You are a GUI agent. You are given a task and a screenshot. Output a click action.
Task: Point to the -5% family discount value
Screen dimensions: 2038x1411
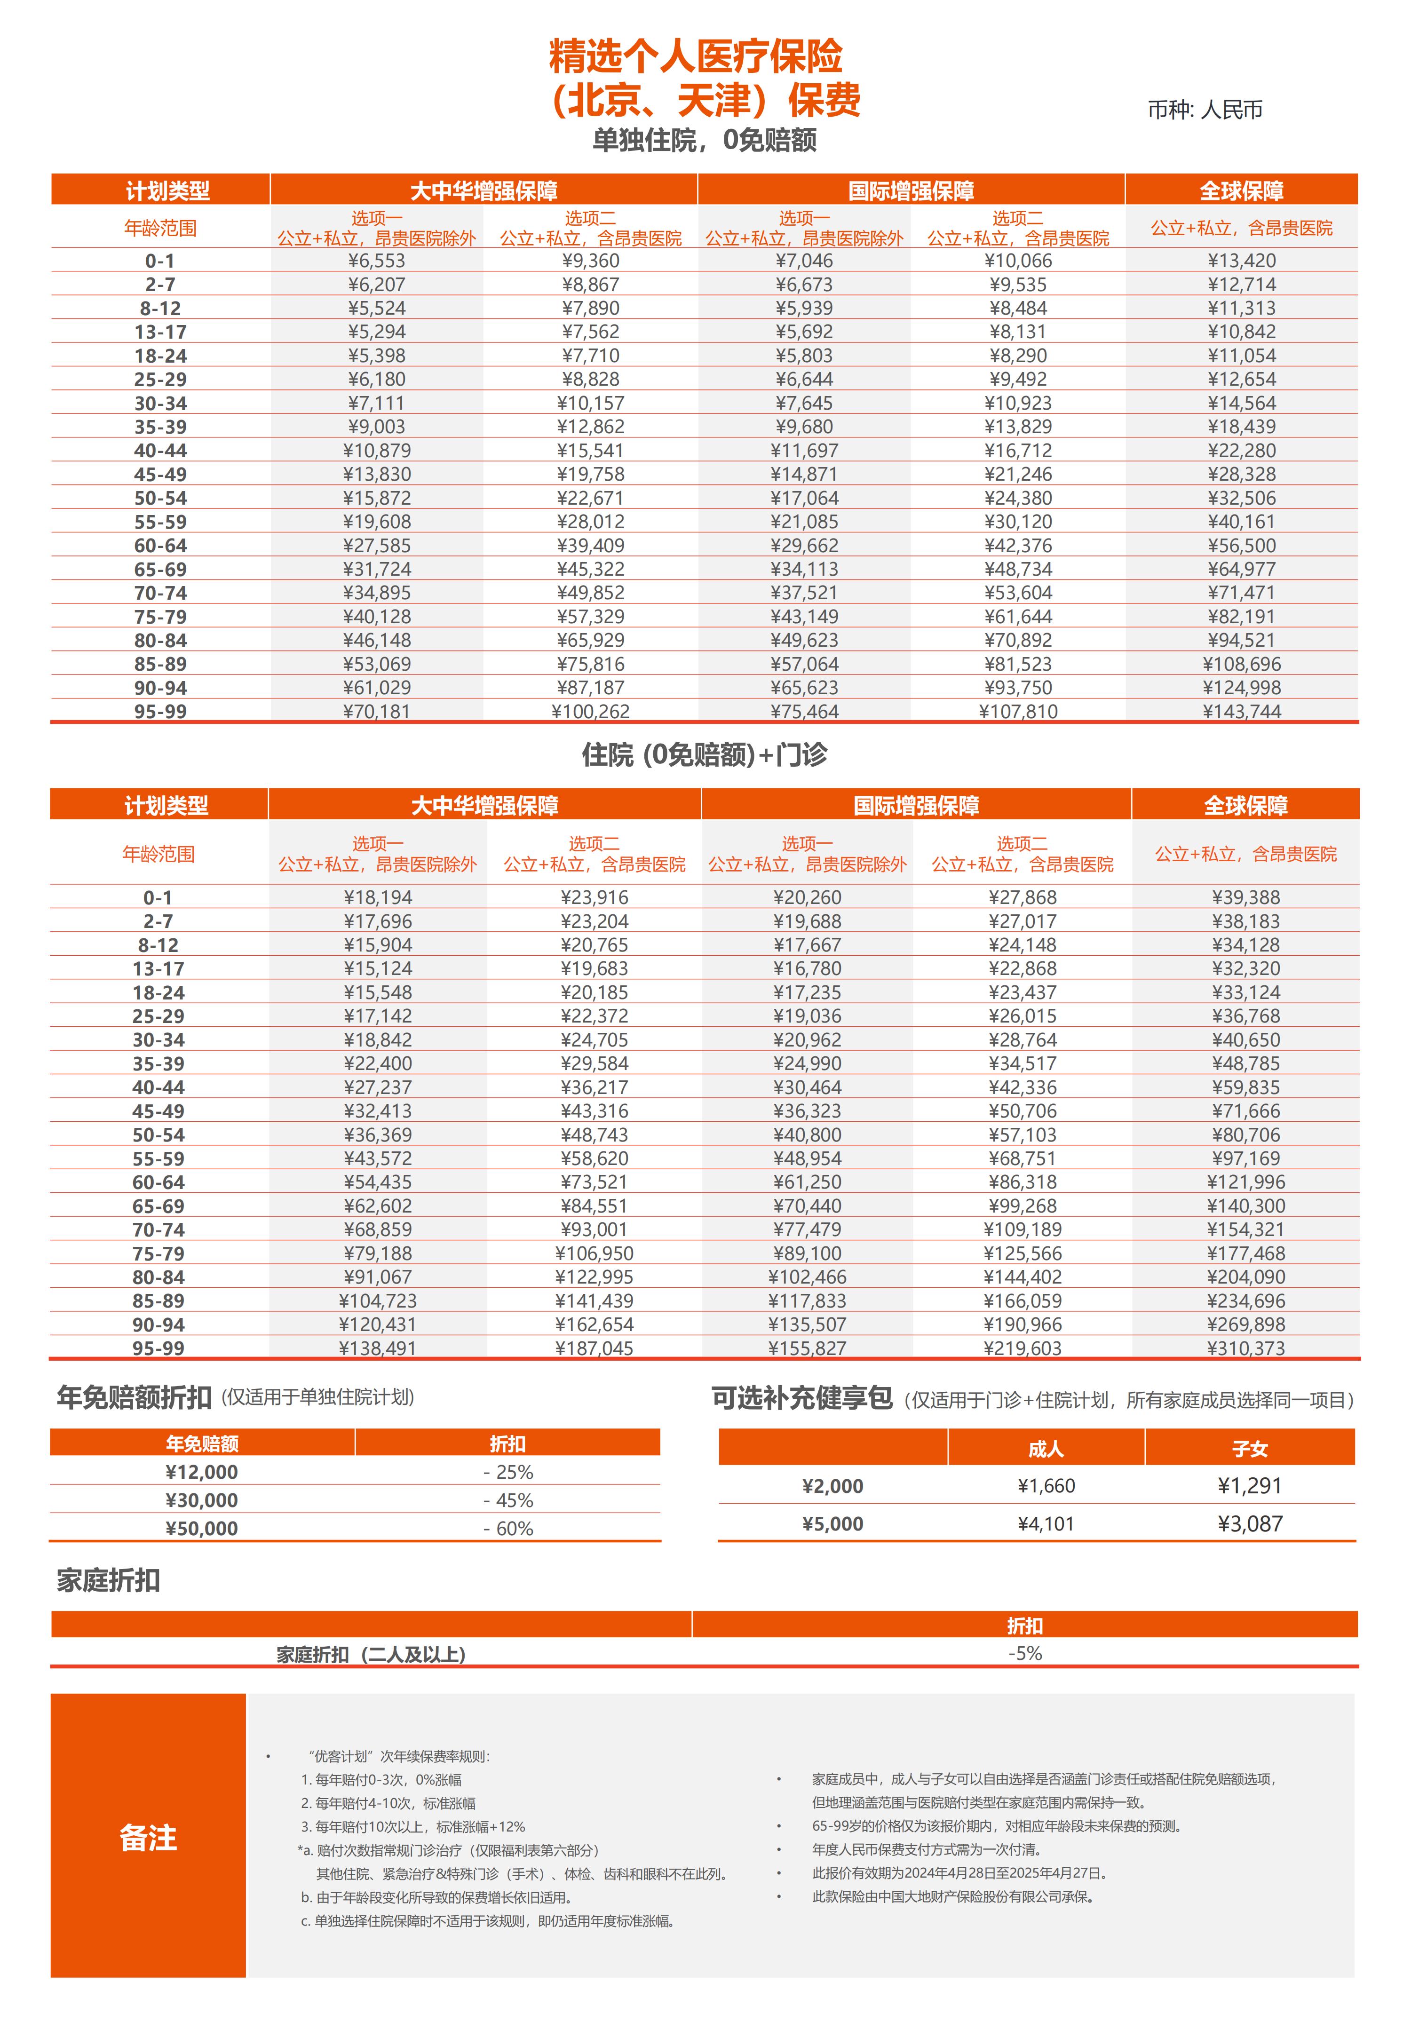[1025, 1653]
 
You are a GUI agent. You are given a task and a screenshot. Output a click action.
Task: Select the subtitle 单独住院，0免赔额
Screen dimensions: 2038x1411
[705, 140]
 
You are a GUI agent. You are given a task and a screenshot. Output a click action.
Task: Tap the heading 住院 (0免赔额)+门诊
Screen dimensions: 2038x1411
[705, 754]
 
